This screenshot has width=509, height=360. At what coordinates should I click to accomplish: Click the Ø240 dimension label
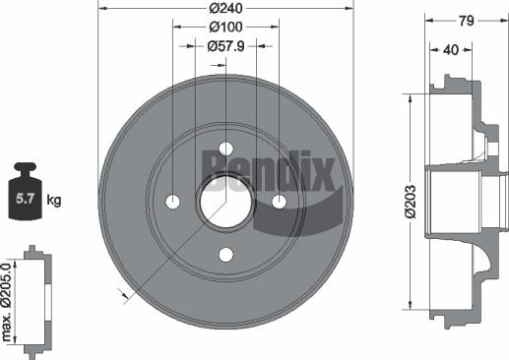225,9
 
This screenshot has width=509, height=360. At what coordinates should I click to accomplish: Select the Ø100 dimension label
225,28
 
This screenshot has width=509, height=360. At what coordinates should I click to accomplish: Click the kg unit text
54,201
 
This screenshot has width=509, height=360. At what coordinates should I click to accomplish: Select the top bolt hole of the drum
225,149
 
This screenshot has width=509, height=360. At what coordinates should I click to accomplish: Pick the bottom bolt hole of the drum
225,255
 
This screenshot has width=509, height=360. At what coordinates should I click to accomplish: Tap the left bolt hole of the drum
172,202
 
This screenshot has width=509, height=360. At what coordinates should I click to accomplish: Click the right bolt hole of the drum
279,202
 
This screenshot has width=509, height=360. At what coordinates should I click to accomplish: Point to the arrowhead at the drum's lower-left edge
121,292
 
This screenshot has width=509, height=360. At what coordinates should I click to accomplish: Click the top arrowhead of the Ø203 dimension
408,97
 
